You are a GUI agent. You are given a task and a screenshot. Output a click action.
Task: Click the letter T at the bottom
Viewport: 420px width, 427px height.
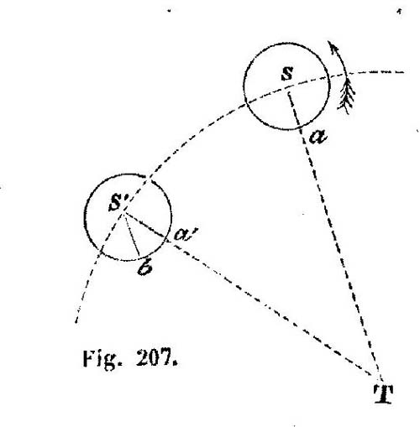click(x=383, y=393)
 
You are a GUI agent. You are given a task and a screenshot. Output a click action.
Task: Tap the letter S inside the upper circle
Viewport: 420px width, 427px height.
click(x=287, y=74)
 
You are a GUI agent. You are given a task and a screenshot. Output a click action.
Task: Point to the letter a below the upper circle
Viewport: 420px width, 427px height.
click(x=318, y=137)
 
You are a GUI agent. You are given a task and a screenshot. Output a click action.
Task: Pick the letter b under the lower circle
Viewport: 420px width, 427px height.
click(x=145, y=268)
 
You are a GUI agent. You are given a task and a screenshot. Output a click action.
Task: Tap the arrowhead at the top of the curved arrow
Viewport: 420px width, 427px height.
click(x=332, y=46)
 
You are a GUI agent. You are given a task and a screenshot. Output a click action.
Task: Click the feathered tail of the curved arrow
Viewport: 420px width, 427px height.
click(x=347, y=96)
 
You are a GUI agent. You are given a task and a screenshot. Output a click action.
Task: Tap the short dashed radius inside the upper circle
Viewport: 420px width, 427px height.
click(x=295, y=111)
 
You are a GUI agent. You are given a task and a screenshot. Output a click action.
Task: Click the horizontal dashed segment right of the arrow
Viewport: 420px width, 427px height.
click(x=376, y=72)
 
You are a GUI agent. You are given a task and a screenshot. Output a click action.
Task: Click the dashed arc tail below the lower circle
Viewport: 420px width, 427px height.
click(x=87, y=288)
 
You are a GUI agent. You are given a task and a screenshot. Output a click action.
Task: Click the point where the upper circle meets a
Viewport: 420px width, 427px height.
click(x=301, y=128)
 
